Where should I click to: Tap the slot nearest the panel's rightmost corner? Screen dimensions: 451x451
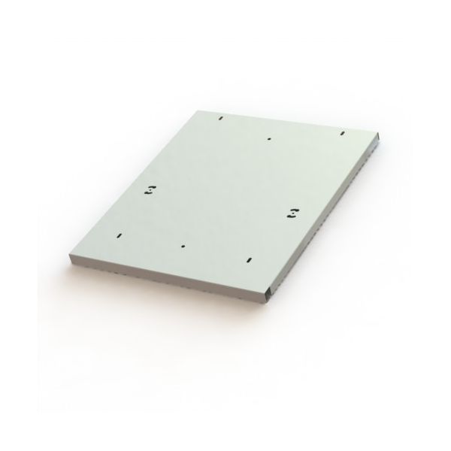pos(342,135)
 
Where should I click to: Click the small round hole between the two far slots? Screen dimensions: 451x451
pos(268,139)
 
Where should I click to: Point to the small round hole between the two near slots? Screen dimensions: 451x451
pos(183,245)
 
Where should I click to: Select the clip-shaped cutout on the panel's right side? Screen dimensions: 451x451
pos(292,213)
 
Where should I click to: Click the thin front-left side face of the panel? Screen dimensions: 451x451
pos(165,279)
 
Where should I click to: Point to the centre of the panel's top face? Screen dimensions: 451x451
pos(225,195)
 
